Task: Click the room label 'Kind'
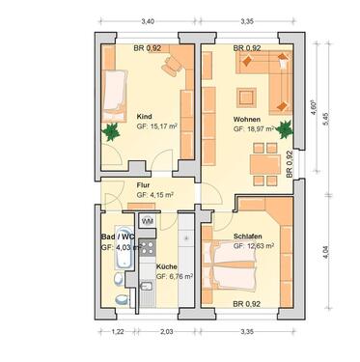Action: pyautogui.click(x=145, y=113)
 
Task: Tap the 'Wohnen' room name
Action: pyautogui.click(x=246, y=119)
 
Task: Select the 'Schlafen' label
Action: pyautogui.click(x=250, y=236)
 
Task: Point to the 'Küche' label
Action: pyautogui.click(x=166, y=265)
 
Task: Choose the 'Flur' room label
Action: pyautogui.click(x=143, y=184)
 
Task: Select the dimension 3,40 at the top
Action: pyautogui.click(x=147, y=20)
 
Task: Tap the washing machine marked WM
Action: pyautogui.click(x=148, y=221)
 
